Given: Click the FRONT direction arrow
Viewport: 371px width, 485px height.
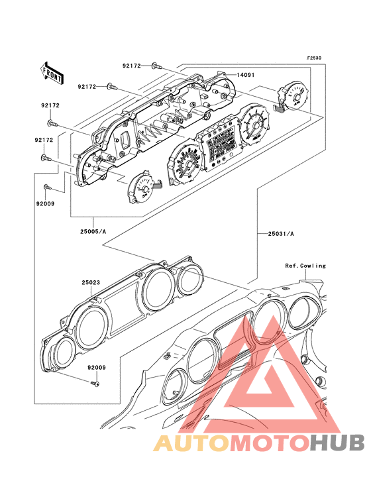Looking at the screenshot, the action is tap(52, 73).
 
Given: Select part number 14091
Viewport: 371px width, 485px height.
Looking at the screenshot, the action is tap(246, 75).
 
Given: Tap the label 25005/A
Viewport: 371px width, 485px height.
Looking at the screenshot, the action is tap(93, 231).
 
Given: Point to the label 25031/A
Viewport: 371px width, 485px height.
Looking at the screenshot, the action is tap(281, 234).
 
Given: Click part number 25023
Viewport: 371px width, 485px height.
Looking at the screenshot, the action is tap(91, 283).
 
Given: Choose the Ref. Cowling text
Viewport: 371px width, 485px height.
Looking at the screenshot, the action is tap(305, 266).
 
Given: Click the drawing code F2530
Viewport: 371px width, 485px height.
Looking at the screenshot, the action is tap(314, 58).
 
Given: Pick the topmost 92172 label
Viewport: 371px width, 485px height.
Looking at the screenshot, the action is tap(131, 66).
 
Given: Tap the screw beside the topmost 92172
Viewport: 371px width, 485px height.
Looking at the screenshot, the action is tap(156, 66).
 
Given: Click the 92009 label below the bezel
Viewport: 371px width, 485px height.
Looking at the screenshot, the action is tap(97, 368).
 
